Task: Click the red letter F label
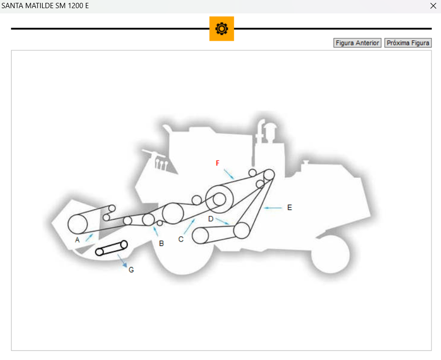point(217,163)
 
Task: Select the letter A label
point(77,240)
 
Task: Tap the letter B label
point(162,243)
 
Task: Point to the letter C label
point(181,239)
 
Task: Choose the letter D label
point(210,219)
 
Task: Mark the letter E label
point(290,208)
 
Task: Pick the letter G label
point(131,270)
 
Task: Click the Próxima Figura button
point(408,43)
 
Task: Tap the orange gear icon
point(221,29)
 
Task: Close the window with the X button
point(433,6)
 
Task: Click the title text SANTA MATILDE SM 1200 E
point(46,6)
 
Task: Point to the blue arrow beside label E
point(273,208)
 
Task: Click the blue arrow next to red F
point(228,174)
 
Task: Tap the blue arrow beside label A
point(89,236)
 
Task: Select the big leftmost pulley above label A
point(78,224)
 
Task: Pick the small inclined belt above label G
point(112,248)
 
